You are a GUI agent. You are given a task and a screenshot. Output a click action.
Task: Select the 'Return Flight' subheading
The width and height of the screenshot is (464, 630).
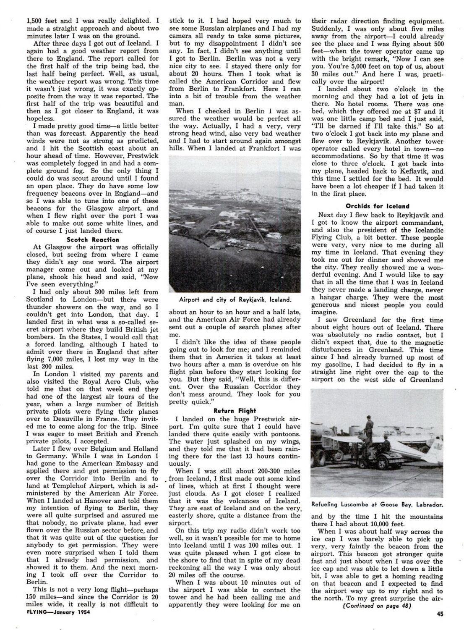click(235, 410)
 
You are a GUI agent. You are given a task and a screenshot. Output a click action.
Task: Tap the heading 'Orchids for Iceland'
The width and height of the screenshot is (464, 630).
click(377, 206)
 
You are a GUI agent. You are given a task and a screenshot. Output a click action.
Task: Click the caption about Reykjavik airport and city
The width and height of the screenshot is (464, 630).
click(235, 299)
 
